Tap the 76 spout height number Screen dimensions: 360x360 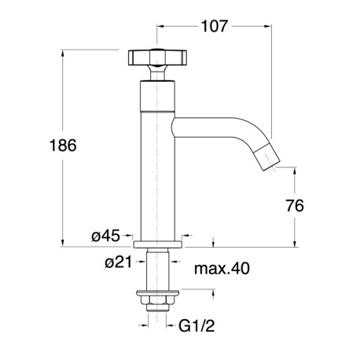click(295, 206)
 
